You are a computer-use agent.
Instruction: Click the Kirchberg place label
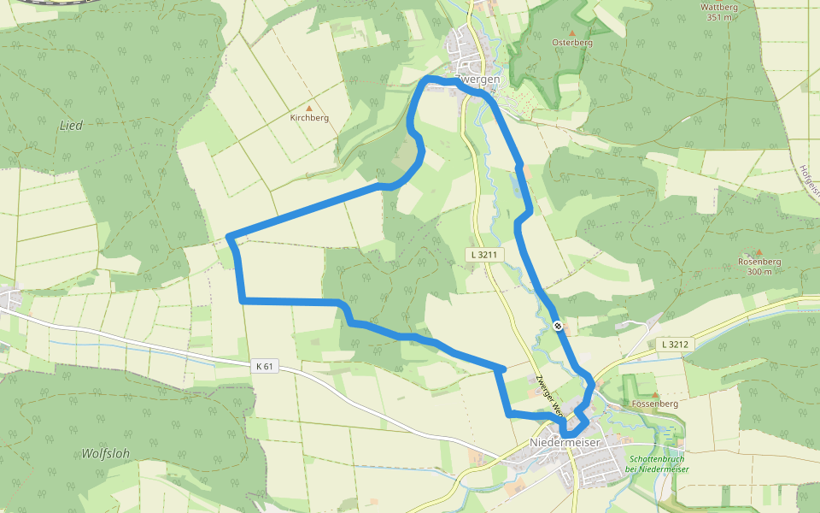[309, 118]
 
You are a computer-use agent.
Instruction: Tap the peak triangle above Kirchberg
[309, 108]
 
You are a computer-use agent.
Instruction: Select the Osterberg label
[572, 42]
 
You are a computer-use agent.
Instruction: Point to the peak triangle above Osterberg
[572, 32]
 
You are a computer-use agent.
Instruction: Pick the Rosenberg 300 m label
[754, 267]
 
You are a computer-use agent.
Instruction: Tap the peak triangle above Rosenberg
[754, 253]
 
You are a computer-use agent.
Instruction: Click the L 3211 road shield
[482, 255]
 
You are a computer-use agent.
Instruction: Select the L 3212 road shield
[674, 345]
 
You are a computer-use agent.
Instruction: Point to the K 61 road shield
[265, 366]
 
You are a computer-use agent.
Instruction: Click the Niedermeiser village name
[565, 443]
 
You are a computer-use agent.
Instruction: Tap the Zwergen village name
[479, 79]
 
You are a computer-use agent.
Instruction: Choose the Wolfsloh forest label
[107, 453]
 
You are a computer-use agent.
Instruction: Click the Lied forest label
[71, 126]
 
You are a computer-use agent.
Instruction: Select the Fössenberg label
[655, 404]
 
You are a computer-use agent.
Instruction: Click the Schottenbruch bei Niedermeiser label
[656, 463]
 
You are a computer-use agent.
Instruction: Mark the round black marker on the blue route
[557, 325]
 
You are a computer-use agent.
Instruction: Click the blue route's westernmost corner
[228, 237]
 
